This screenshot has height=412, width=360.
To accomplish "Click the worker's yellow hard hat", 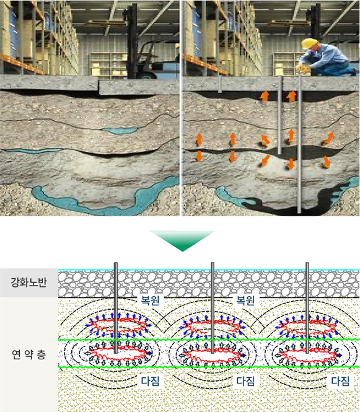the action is (310, 43).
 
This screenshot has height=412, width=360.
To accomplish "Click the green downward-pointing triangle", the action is (183, 240).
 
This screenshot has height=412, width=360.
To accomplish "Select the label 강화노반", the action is (29, 282).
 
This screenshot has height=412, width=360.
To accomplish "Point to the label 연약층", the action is (29, 354).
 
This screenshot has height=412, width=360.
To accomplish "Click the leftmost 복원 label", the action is (150, 300).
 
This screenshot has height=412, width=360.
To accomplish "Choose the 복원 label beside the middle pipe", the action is (245, 300).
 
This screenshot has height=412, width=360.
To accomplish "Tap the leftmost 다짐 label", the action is (150, 381).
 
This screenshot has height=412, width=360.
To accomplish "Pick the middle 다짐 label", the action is (245, 381).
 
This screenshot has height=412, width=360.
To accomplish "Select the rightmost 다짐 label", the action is (340, 381).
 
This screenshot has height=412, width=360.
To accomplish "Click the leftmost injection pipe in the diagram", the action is (116, 308).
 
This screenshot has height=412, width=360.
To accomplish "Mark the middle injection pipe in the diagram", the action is (213, 308).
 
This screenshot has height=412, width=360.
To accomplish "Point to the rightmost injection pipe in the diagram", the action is (307, 308).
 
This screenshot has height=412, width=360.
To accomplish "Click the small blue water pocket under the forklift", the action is (120, 131).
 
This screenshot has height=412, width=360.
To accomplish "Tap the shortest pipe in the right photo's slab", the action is (220, 84).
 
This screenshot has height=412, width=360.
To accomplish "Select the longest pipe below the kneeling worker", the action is (299, 144).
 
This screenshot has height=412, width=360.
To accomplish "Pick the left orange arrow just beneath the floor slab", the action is (265, 96).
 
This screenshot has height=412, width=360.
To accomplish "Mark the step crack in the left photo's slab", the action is (99, 87).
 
